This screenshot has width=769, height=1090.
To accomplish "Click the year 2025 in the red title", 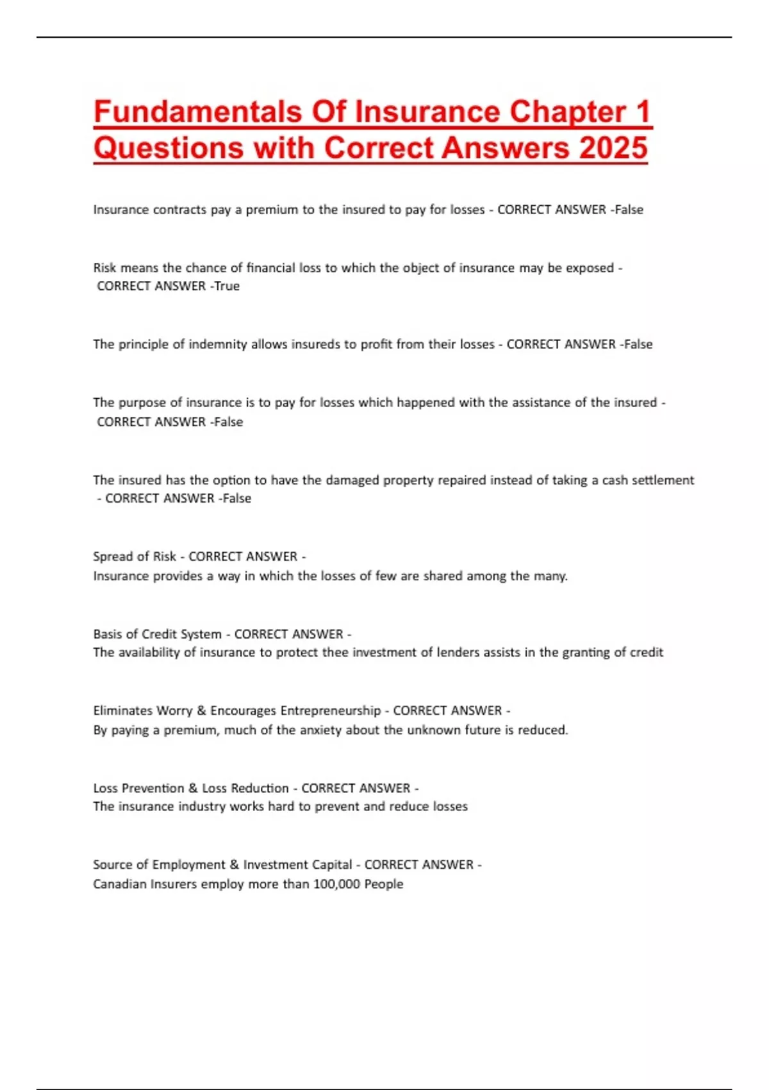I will pyautogui.click(x=613, y=147).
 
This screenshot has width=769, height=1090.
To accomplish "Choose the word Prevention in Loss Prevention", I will pyautogui.click(x=152, y=788).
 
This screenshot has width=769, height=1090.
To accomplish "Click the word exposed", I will pyautogui.click(x=590, y=267).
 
